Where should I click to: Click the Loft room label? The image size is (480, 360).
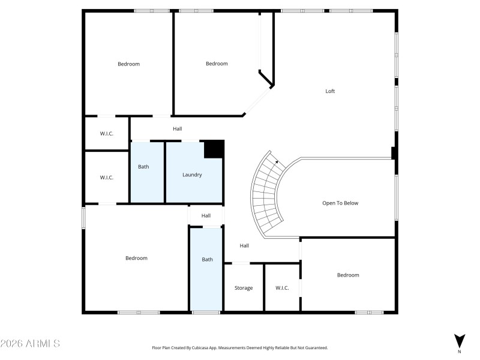(x=330, y=91)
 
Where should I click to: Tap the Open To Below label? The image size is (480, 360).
(x=340, y=203)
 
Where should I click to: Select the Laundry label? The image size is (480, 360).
(x=192, y=175)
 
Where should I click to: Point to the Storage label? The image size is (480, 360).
(x=243, y=288)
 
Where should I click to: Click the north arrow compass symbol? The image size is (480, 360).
(x=459, y=341)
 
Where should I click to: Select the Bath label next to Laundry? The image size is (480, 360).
(x=143, y=167)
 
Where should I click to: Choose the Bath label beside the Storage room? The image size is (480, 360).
(x=207, y=259)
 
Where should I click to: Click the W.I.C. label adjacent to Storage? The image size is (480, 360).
(x=282, y=288)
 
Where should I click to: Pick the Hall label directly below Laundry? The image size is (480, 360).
(x=206, y=215)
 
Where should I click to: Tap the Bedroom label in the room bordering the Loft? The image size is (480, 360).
(x=217, y=64)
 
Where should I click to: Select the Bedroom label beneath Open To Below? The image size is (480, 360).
(x=347, y=275)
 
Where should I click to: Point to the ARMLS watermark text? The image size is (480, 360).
(x=30, y=344)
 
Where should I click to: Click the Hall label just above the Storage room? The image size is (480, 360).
(x=244, y=245)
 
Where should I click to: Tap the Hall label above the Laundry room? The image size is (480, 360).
(x=177, y=128)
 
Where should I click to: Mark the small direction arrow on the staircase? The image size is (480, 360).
(x=276, y=161)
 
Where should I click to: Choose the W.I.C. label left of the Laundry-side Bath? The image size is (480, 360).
(x=106, y=177)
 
